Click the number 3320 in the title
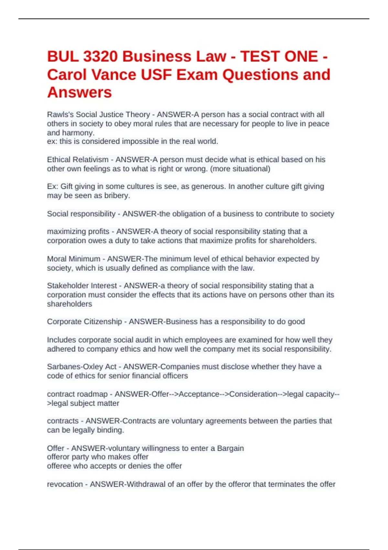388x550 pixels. click(x=100, y=57)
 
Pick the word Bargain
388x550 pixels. click(x=230, y=448)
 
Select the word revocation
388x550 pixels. click(x=65, y=484)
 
